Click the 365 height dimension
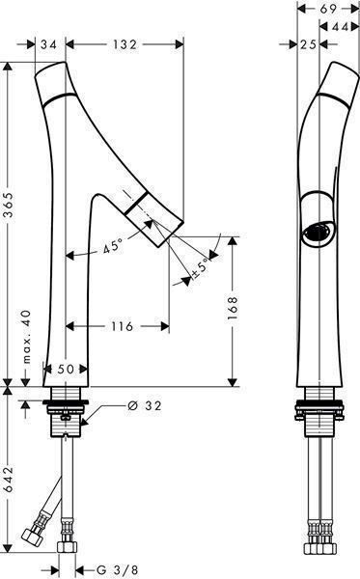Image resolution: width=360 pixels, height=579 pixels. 8,207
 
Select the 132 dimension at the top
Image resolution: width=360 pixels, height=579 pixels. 125,44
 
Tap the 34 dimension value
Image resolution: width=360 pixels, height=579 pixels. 48,44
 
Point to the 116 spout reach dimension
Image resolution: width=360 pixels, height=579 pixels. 123,326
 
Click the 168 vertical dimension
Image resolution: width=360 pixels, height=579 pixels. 233,308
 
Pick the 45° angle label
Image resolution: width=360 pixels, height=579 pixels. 113,246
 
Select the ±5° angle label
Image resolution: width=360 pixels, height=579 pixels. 201,268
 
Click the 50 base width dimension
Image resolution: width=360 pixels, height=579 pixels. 66,369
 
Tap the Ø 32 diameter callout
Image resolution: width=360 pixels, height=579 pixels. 145,406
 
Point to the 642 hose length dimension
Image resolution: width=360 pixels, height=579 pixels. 8,480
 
